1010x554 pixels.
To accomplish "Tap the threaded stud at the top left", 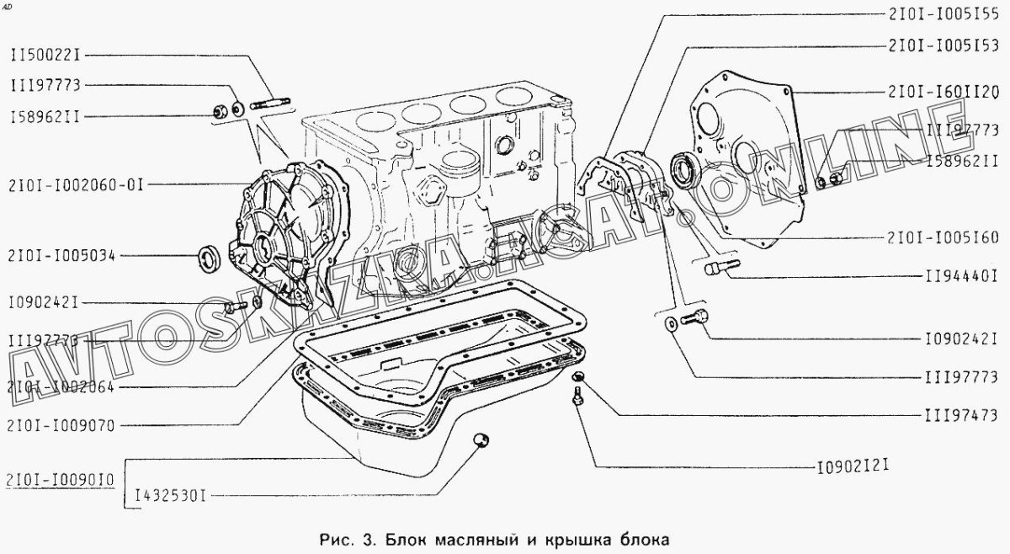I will [x=269, y=104].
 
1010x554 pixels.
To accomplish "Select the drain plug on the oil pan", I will [x=481, y=438].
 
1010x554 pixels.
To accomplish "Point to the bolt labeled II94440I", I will [x=715, y=268].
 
